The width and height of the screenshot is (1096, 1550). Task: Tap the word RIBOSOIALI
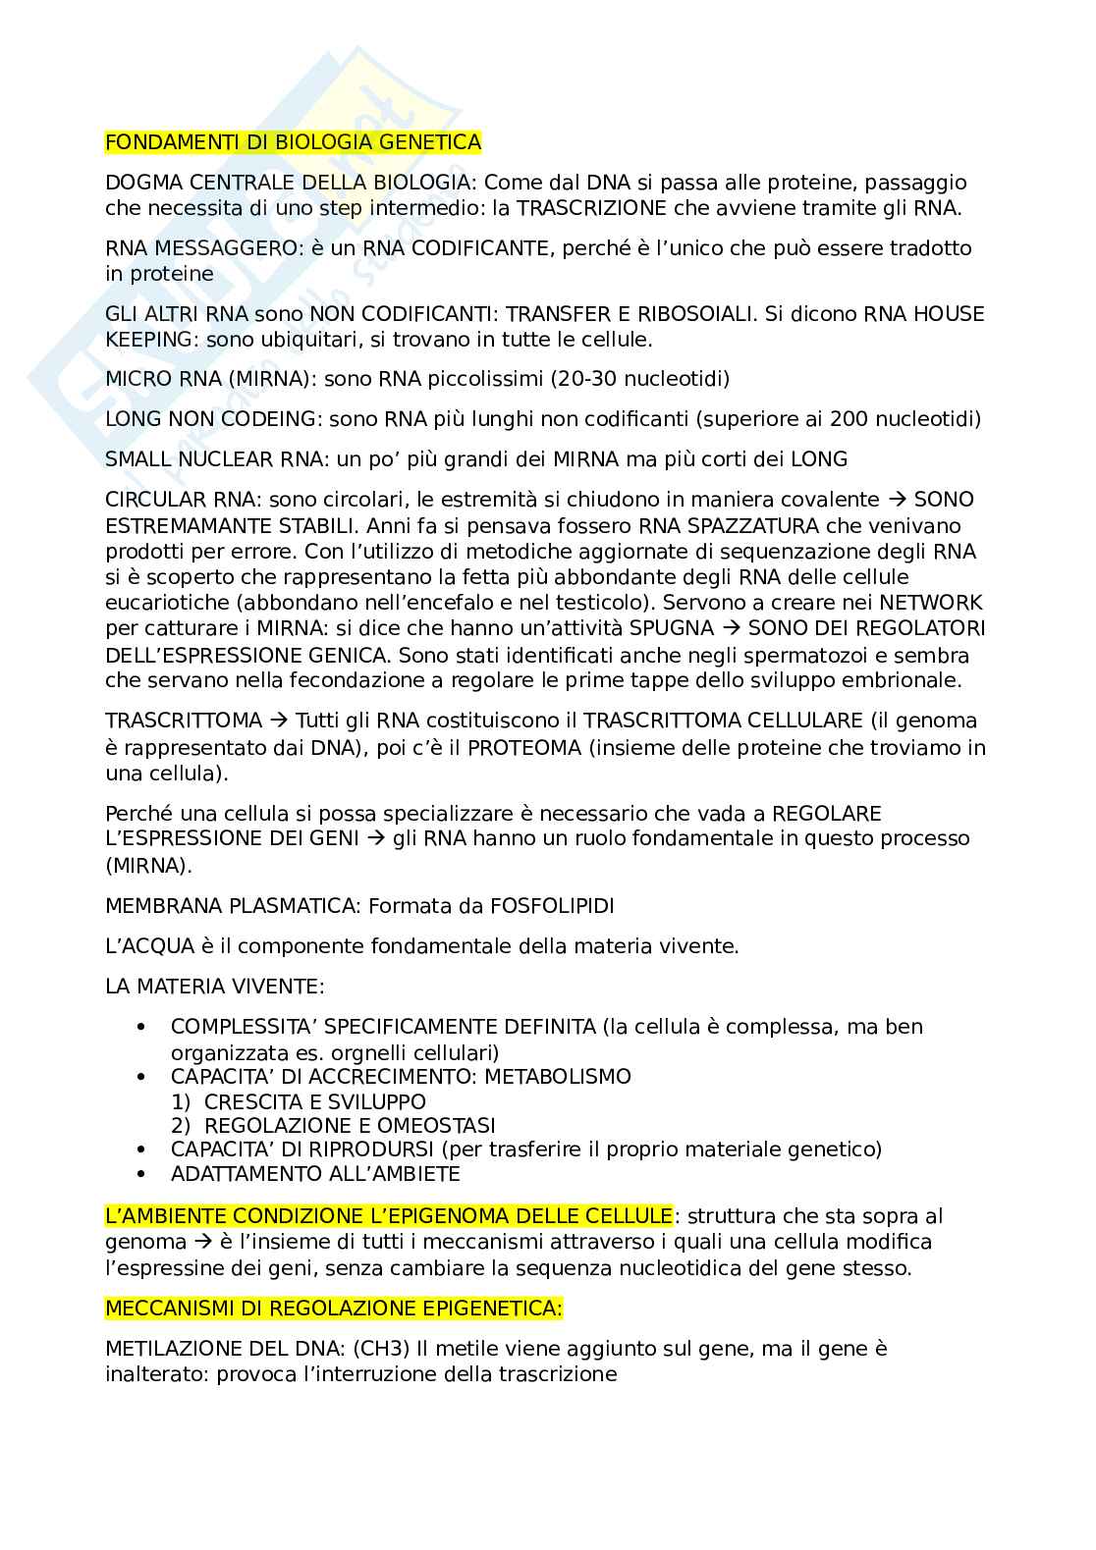[691, 314]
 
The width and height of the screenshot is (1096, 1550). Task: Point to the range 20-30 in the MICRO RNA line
[577, 379]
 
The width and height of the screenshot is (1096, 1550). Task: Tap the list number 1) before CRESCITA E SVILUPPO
[181, 1101]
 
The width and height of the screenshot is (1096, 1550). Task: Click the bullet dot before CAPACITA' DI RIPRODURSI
[143, 1149]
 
